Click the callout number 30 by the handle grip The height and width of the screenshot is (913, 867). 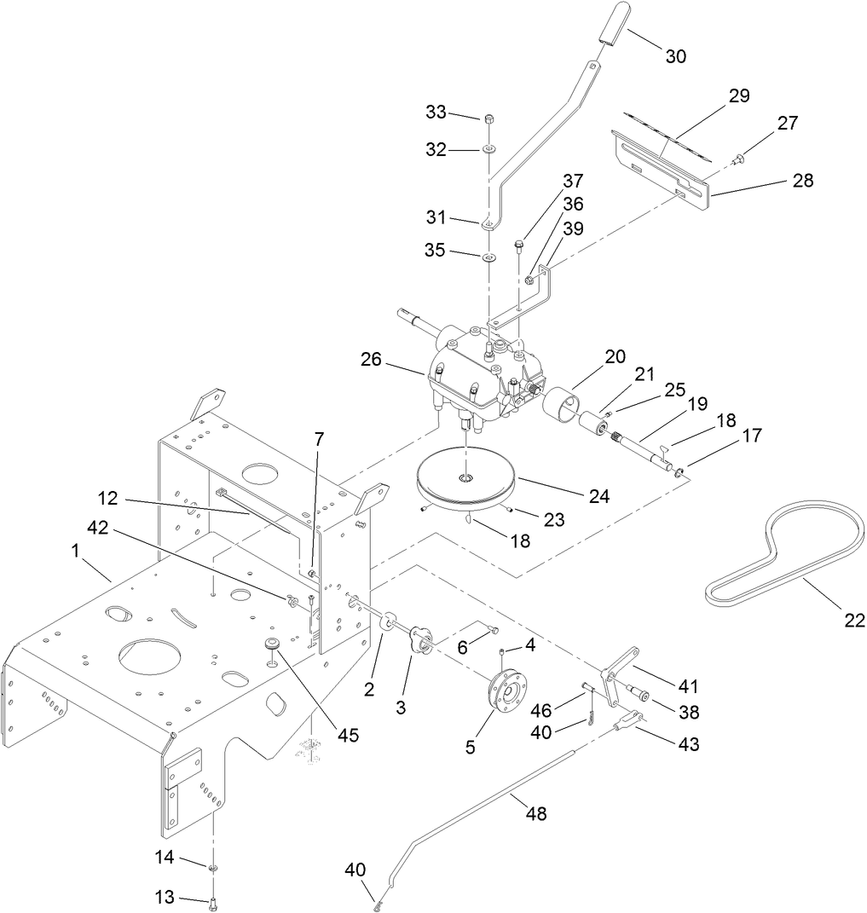(675, 56)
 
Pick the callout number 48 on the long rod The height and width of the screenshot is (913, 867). (535, 814)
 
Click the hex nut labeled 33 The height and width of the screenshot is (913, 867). (489, 118)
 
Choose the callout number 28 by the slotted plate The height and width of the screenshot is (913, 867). (802, 181)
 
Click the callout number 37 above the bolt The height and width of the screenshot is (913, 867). (572, 181)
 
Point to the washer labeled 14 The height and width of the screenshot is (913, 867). (211, 867)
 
